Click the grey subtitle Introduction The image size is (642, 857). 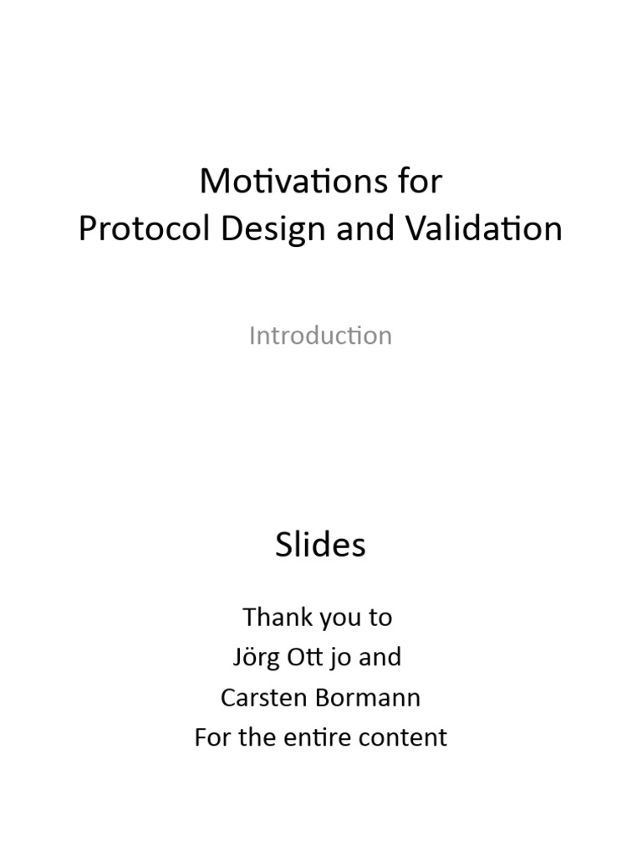coord(320,336)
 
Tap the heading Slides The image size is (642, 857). coord(320,545)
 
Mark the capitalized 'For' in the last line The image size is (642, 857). coord(211,737)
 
